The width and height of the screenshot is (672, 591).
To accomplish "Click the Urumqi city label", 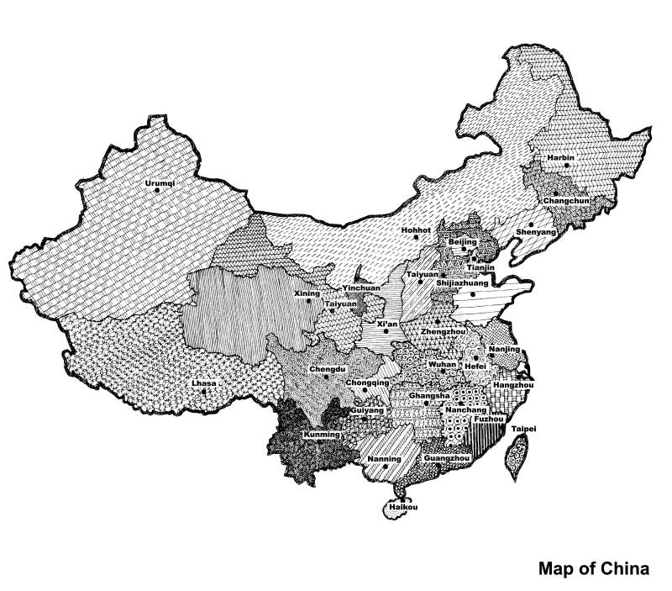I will tap(156, 182).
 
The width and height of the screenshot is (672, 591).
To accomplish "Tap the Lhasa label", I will tap(202, 383).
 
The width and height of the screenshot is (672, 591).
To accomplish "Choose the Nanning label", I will tap(384, 459).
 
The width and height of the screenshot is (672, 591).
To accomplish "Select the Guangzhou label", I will tap(446, 459).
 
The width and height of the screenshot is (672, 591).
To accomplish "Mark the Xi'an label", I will tap(387, 323).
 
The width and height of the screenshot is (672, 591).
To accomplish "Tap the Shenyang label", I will tap(536, 231).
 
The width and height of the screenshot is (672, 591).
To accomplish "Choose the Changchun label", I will tap(567, 201).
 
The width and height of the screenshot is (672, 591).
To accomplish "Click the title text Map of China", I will tap(593, 568).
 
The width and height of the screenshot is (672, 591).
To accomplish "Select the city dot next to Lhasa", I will tap(203, 391).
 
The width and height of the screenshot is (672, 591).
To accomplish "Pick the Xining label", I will tap(308, 293).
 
